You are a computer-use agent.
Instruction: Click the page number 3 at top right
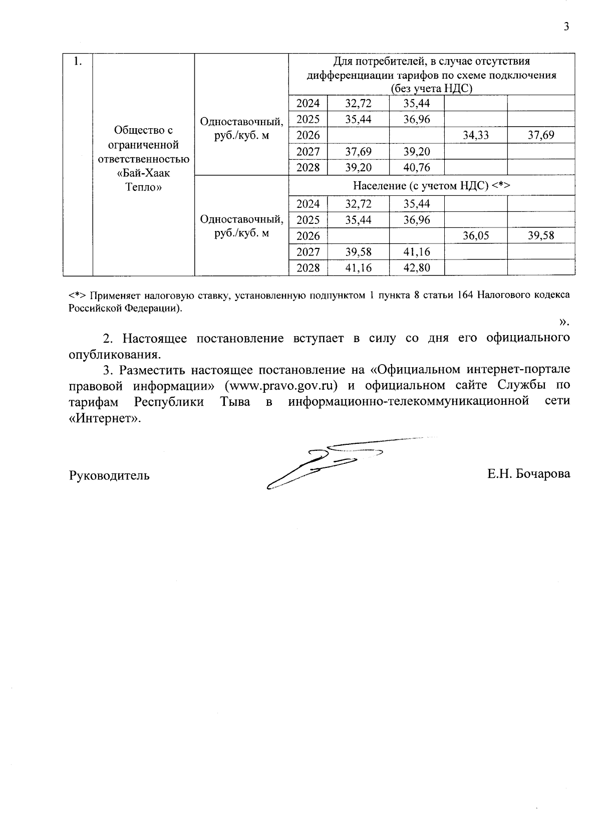(566, 27)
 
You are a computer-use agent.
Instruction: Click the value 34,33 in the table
(475, 135)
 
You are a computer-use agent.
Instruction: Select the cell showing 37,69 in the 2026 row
(541, 135)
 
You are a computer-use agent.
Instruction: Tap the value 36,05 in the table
(475, 235)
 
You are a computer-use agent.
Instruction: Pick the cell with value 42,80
(417, 268)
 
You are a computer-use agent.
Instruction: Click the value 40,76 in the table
(417, 167)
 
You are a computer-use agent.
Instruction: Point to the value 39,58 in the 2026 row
(541, 235)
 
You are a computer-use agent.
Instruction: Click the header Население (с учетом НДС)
(431, 186)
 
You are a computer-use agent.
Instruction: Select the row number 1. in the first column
(78, 62)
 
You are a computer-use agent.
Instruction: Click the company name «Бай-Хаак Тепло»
(144, 181)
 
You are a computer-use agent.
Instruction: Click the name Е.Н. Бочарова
(529, 474)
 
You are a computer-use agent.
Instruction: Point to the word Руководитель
(109, 475)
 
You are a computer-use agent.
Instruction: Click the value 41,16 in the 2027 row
(417, 252)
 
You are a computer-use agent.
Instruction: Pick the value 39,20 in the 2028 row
(359, 167)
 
